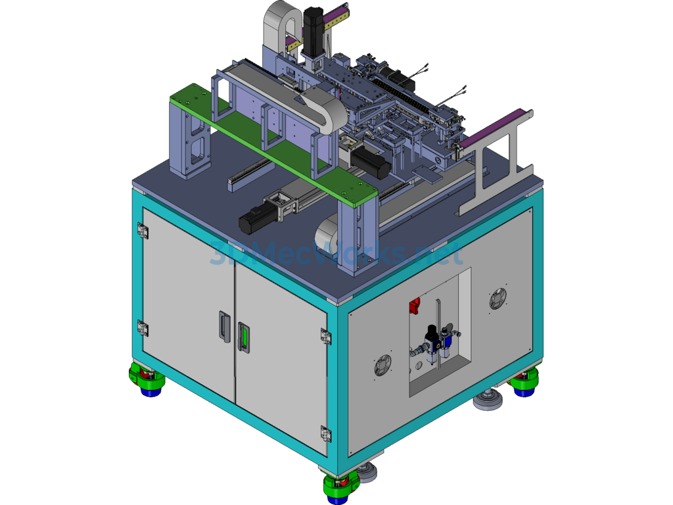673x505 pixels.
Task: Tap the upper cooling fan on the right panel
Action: [x=498, y=299]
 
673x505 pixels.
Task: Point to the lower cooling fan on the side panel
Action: [x=383, y=366]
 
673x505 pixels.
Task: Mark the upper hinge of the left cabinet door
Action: [x=143, y=231]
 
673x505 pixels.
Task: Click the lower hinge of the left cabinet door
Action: [x=143, y=329]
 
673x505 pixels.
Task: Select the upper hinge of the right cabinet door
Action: [x=326, y=336]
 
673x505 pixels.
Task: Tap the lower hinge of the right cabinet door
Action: [x=326, y=433]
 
